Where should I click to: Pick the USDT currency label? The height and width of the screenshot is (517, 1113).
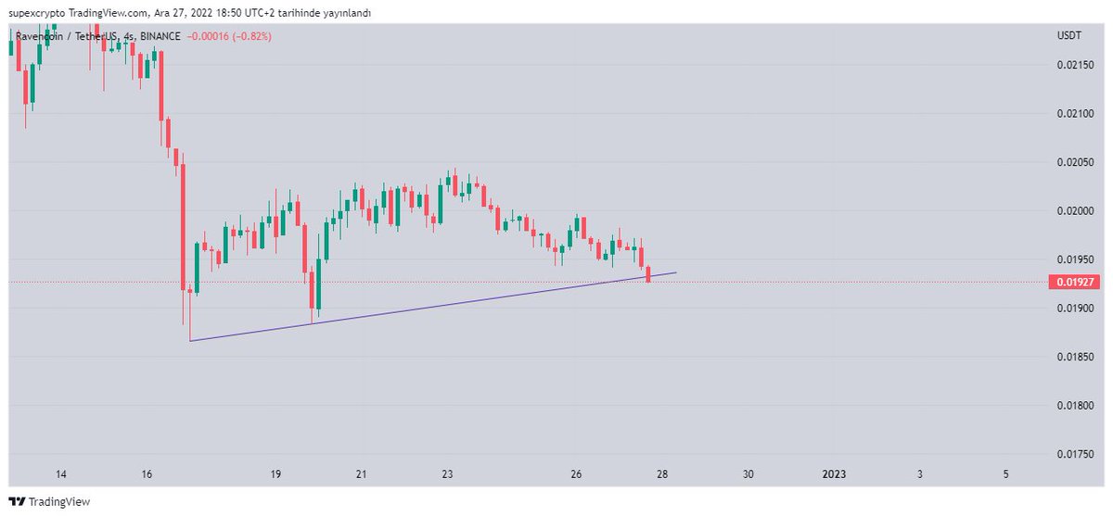pos(1069,35)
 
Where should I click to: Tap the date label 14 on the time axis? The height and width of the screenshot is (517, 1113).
pos(61,474)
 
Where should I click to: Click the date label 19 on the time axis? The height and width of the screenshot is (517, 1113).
pos(275,474)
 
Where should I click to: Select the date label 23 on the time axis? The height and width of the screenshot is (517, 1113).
pos(447,474)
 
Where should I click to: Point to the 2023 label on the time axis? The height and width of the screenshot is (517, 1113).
pos(835,474)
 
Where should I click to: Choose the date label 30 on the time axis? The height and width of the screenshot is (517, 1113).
pos(748,474)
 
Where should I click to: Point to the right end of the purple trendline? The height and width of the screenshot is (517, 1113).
pos(676,272)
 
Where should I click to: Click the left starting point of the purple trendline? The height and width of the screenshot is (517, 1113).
pos(189,341)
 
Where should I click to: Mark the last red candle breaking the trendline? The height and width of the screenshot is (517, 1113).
pos(648,274)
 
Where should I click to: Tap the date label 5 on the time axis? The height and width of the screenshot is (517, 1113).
pos(1006,474)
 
